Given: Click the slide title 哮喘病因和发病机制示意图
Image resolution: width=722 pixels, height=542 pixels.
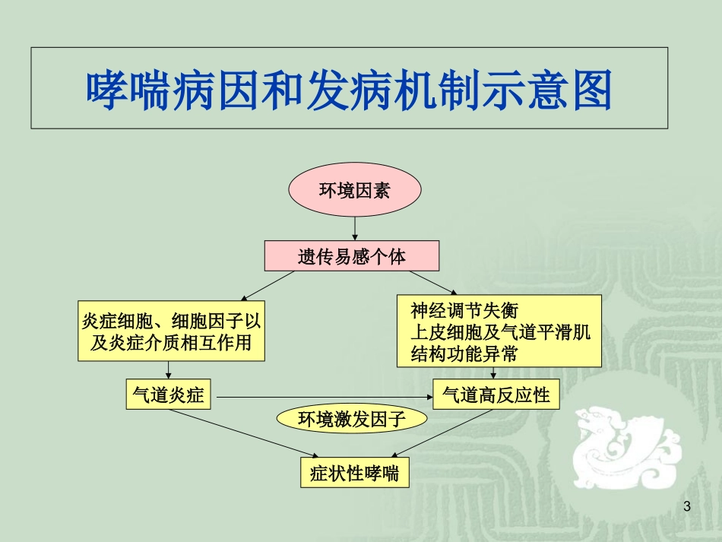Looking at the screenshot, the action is pos(349,90).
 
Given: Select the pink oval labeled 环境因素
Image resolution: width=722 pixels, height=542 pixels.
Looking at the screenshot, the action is pos(354,190).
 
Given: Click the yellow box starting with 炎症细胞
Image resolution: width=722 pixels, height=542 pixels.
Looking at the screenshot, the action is pos(171,331).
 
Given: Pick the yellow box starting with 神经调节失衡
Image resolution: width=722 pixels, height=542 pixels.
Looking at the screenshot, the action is pos(499,331).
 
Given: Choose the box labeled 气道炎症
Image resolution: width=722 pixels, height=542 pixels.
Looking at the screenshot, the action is pos(168,395).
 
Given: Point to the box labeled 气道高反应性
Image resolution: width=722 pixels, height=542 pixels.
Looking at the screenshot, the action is pos(496,395).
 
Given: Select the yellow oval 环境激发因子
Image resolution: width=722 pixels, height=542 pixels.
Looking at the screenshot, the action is pos(351,419).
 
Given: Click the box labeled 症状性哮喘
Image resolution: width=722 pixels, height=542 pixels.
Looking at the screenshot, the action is pos(354,473).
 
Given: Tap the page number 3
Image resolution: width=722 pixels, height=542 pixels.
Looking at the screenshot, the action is pos(688,507).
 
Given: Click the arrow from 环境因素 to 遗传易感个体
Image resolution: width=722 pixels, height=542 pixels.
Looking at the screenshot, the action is pos(355,227).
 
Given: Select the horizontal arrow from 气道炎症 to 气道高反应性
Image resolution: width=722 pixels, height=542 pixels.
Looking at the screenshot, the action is pos(323,396).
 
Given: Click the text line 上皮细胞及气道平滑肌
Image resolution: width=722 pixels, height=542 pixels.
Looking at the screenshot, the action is pos(501,332).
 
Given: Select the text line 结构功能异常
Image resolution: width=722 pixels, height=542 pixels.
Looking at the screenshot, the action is pos(464,353).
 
